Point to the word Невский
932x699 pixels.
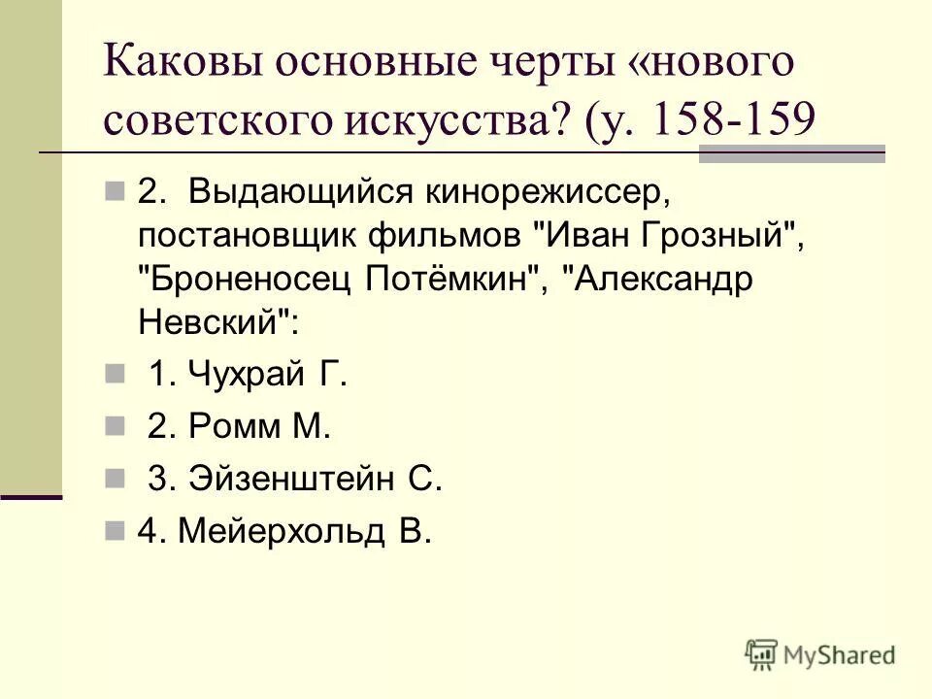tap(214, 322)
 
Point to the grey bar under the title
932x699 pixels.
tap(791, 153)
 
